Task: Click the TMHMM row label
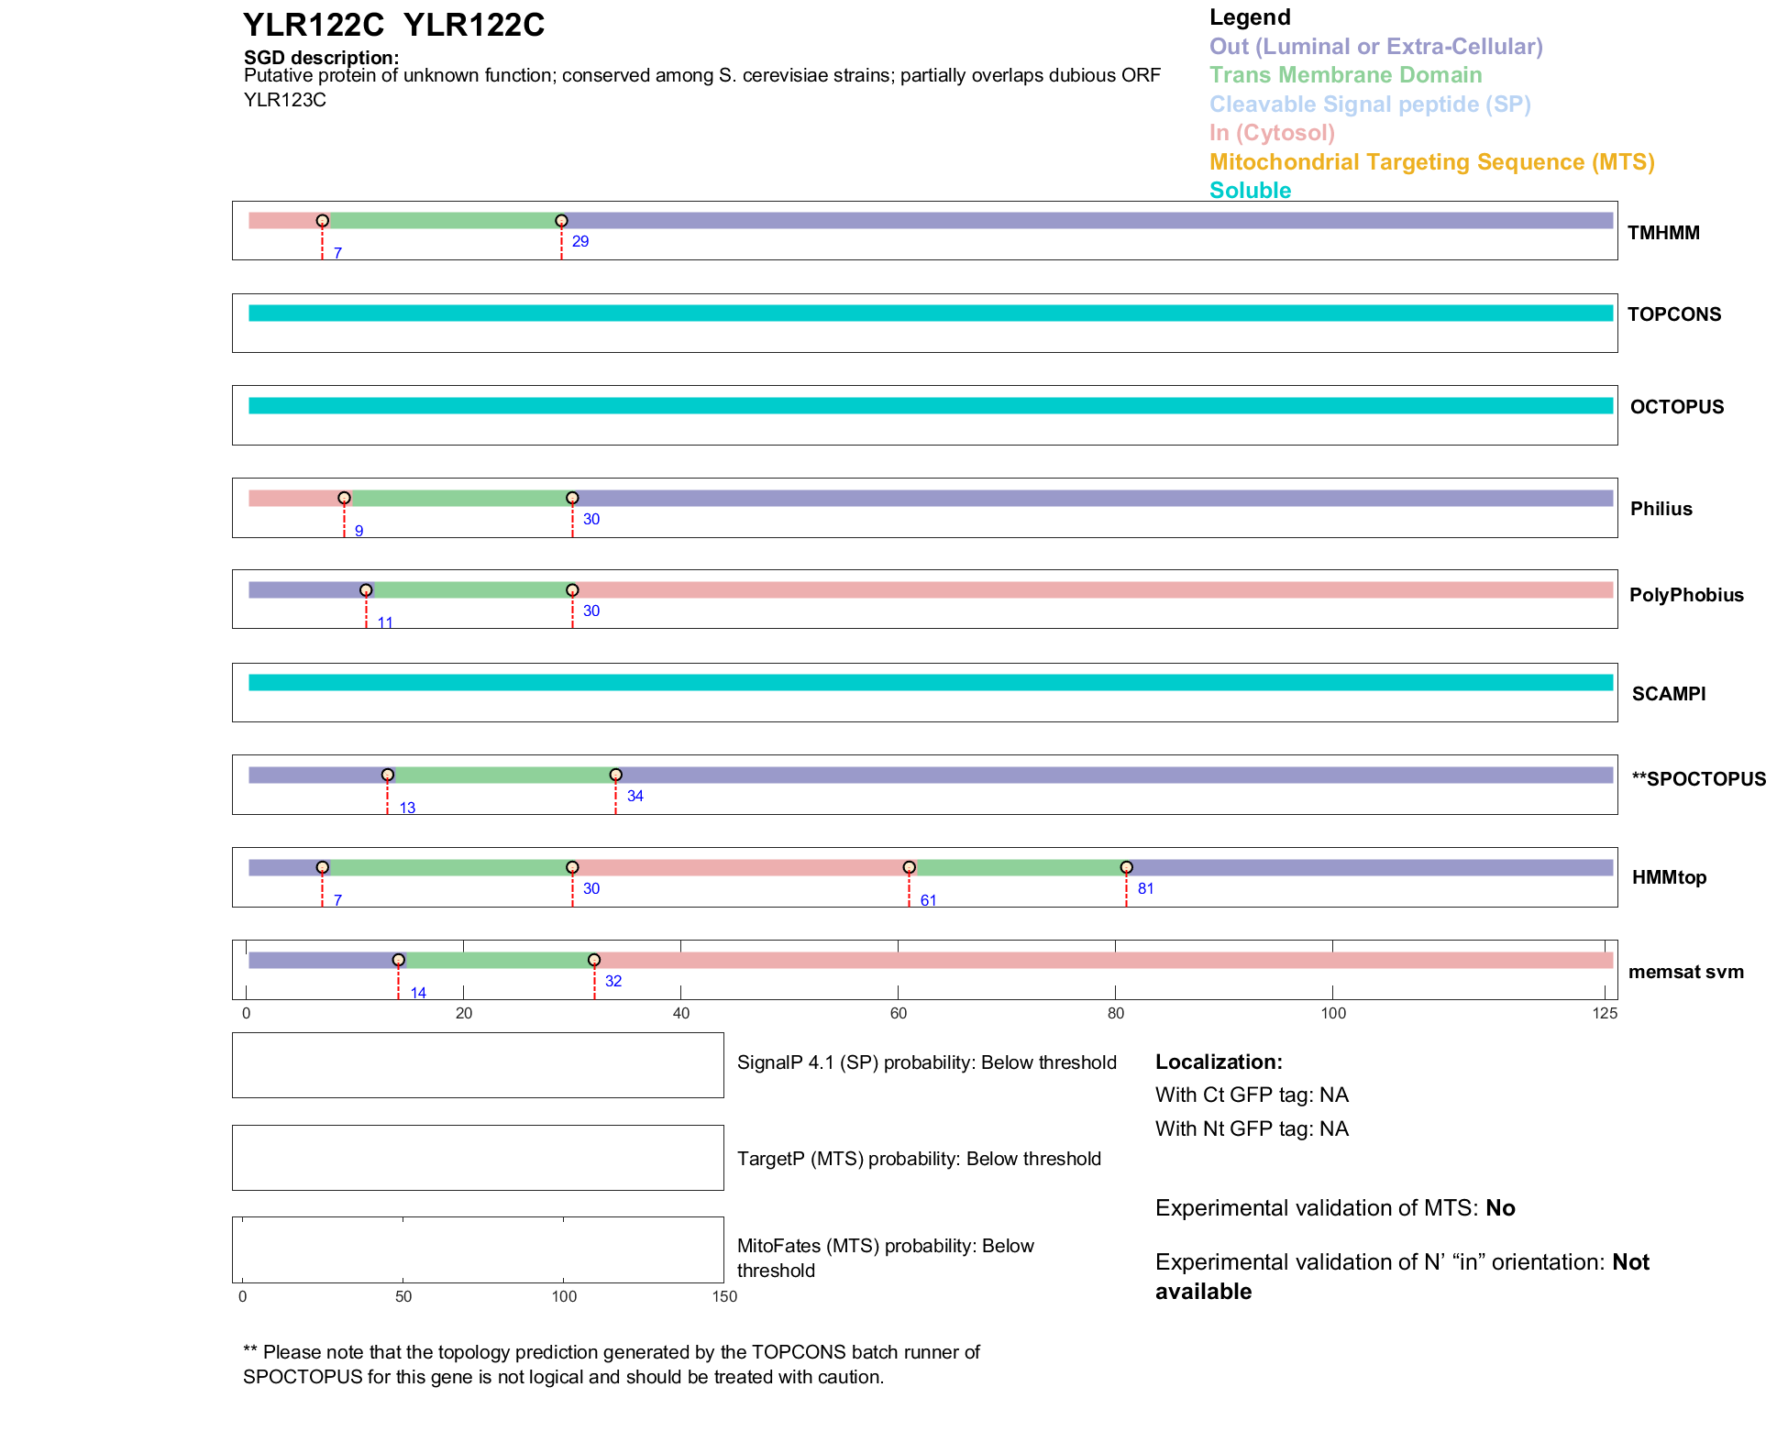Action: tap(1662, 233)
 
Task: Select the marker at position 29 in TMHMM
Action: tap(561, 221)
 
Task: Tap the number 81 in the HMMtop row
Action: tap(1145, 888)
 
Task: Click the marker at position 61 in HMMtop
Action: tap(909, 867)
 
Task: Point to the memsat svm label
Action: tap(1685, 972)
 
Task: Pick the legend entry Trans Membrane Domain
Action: tap(1345, 75)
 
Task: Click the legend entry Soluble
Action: tap(1250, 191)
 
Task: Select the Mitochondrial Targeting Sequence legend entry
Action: tap(1431, 162)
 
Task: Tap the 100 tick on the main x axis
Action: tap(1333, 1013)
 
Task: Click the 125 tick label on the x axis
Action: tap(1605, 1013)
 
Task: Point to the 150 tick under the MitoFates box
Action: tap(724, 1296)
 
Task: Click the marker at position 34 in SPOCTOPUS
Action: tap(615, 776)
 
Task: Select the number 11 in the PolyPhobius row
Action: tap(385, 622)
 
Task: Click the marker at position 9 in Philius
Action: tap(344, 499)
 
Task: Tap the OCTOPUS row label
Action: tap(1676, 407)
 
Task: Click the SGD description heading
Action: tap(321, 58)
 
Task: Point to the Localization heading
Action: tap(1218, 1062)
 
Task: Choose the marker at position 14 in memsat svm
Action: tap(398, 961)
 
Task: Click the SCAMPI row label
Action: tap(1668, 694)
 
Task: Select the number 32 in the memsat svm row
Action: tap(613, 981)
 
